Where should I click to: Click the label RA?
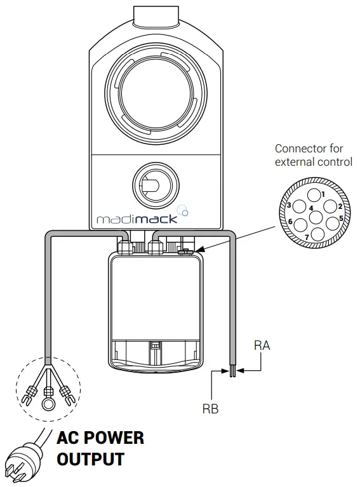click(262, 345)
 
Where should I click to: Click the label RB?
click(210, 409)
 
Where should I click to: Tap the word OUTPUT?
click(91, 458)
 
